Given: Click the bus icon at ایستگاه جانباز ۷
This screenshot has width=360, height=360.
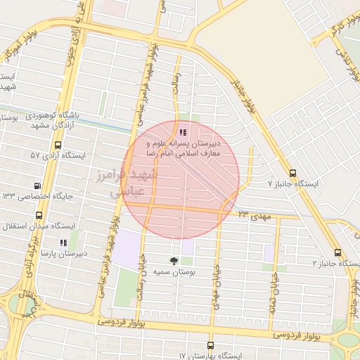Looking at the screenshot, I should [x=292, y=173].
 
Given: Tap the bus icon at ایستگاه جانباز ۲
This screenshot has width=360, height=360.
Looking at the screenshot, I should [x=338, y=252].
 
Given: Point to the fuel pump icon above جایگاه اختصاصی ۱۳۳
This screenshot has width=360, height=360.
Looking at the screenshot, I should [x=36, y=186].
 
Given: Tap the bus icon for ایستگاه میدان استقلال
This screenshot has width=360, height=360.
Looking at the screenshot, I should [x=38, y=216].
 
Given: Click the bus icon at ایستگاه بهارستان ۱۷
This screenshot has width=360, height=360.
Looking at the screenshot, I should [x=210, y=345].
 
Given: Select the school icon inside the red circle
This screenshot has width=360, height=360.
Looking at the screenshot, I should [x=183, y=131].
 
